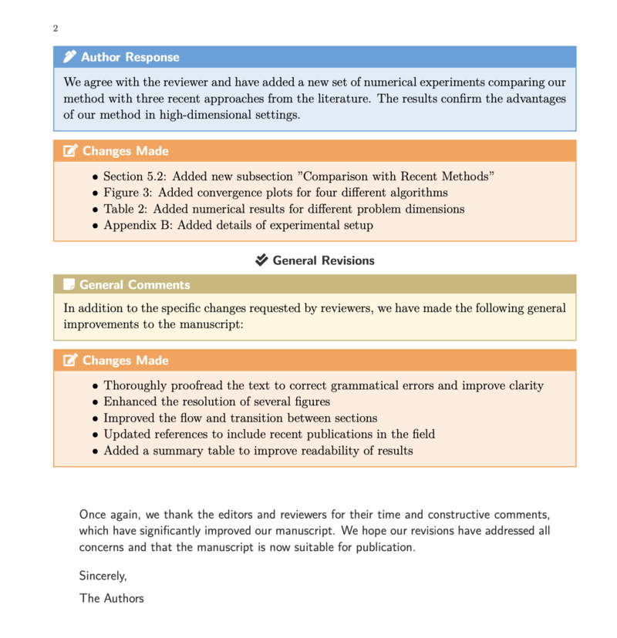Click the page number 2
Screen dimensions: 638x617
pyautogui.click(x=56, y=29)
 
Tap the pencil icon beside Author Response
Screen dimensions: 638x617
pyautogui.click(x=70, y=56)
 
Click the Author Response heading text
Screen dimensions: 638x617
pyautogui.click(x=130, y=57)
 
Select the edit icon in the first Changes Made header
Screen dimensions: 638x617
pyautogui.click(x=70, y=151)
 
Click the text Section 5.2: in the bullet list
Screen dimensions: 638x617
pyautogui.click(x=133, y=176)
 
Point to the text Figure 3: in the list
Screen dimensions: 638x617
pyautogui.click(x=127, y=193)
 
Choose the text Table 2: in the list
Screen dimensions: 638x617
pyautogui.click(x=123, y=209)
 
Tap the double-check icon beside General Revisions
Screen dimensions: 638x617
pyautogui.click(x=262, y=260)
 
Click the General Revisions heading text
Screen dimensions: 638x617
pyautogui.click(x=323, y=260)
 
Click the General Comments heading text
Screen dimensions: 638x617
pyautogui.click(x=134, y=284)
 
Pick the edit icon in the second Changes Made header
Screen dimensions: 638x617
pyautogui.click(x=70, y=361)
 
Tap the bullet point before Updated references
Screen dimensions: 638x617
pyautogui.click(x=96, y=435)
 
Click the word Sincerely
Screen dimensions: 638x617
pyautogui.click(x=103, y=576)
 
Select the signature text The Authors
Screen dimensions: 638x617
pyautogui.click(x=111, y=598)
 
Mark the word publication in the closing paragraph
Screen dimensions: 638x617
pyautogui.click(x=384, y=547)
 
